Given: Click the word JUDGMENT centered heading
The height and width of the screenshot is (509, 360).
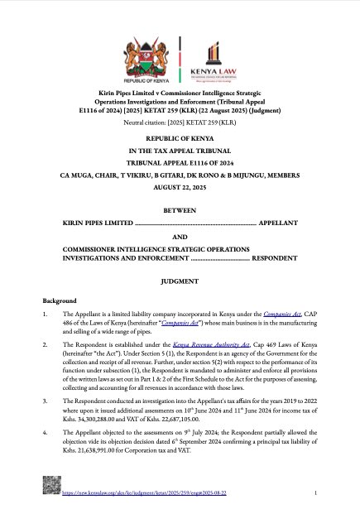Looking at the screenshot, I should (180, 281).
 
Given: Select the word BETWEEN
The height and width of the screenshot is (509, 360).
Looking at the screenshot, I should (180, 210).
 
